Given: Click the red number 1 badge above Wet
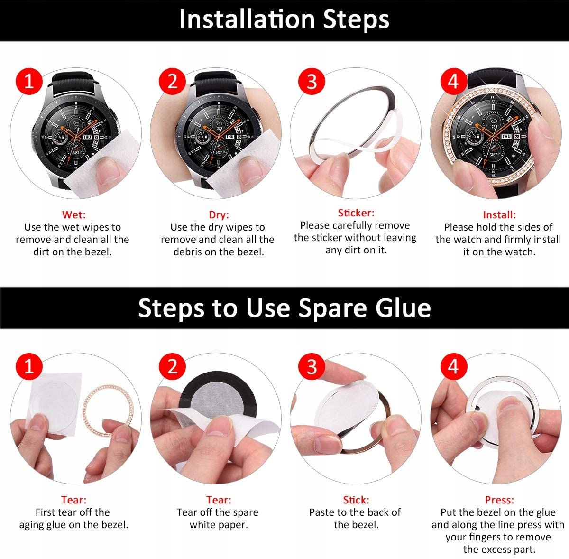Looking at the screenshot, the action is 29,81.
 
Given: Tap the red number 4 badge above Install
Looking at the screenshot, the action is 454,81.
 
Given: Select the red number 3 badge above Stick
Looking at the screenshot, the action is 312,366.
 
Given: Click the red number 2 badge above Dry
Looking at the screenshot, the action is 172,81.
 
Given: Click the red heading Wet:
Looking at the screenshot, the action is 74,214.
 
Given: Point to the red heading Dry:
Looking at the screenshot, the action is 219,215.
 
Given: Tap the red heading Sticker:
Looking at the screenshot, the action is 356,213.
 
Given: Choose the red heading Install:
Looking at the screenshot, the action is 499,214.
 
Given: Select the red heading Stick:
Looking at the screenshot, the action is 356,500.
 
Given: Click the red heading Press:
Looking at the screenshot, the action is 499,500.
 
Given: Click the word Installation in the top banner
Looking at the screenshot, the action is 247,19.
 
